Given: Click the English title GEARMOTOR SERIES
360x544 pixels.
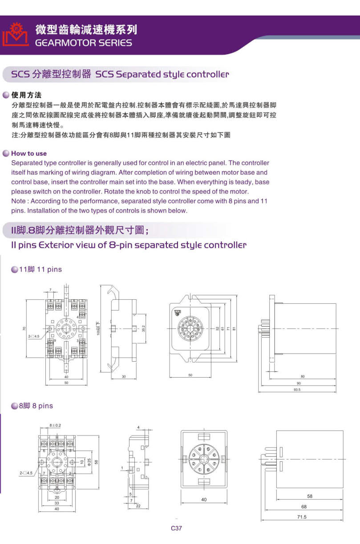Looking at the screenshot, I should click(x=83, y=43).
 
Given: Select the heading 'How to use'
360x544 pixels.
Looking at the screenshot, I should click(x=29, y=153).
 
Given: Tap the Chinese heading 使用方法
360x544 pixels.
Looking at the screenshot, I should click(x=27, y=95).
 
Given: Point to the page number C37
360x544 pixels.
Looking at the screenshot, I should click(x=176, y=528).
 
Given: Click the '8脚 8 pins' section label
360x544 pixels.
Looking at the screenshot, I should click(x=36, y=406).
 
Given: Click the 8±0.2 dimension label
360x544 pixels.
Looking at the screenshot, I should click(x=55, y=426).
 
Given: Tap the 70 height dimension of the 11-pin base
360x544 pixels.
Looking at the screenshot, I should click(x=24, y=329).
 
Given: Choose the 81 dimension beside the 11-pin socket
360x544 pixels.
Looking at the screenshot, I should click(x=233, y=329).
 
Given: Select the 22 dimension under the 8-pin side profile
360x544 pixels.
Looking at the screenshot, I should click(x=138, y=506).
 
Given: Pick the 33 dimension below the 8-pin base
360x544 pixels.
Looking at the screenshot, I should click(x=57, y=503).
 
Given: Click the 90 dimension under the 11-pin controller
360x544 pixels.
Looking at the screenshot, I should click(x=299, y=383).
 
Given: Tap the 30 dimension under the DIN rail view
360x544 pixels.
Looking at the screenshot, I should click(x=124, y=377).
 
